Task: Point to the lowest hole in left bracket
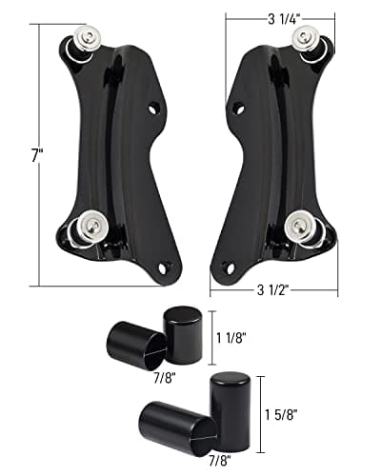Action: pos(166,267)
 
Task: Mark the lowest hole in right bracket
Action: pos(227,268)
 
